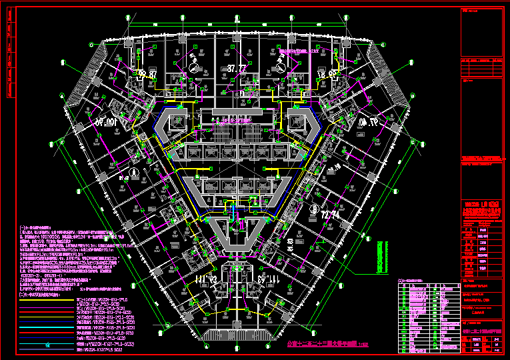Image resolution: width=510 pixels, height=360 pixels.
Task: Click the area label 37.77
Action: pyautogui.click(x=237, y=68)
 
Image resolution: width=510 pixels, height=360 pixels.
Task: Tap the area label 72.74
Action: pyautogui.click(x=330, y=215)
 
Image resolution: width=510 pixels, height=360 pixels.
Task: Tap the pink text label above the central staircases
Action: pyautogui.click(x=237, y=120)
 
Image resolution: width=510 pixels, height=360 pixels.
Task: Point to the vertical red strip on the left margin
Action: pyautogui.click(x=10, y=60)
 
